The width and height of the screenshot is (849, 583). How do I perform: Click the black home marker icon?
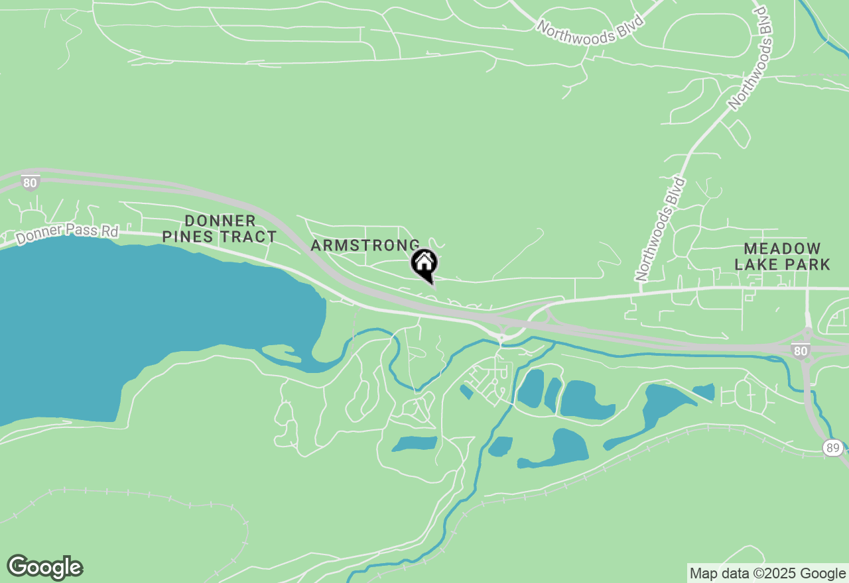[424, 264]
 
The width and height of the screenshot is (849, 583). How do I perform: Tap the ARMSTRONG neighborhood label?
[365, 246]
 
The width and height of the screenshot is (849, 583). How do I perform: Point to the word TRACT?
[251, 237]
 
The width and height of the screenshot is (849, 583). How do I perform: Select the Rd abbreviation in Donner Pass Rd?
[109, 231]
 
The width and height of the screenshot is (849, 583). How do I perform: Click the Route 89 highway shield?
[833, 449]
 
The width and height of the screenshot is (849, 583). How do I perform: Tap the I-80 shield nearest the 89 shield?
[801, 350]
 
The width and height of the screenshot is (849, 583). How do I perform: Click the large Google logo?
[45, 568]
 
